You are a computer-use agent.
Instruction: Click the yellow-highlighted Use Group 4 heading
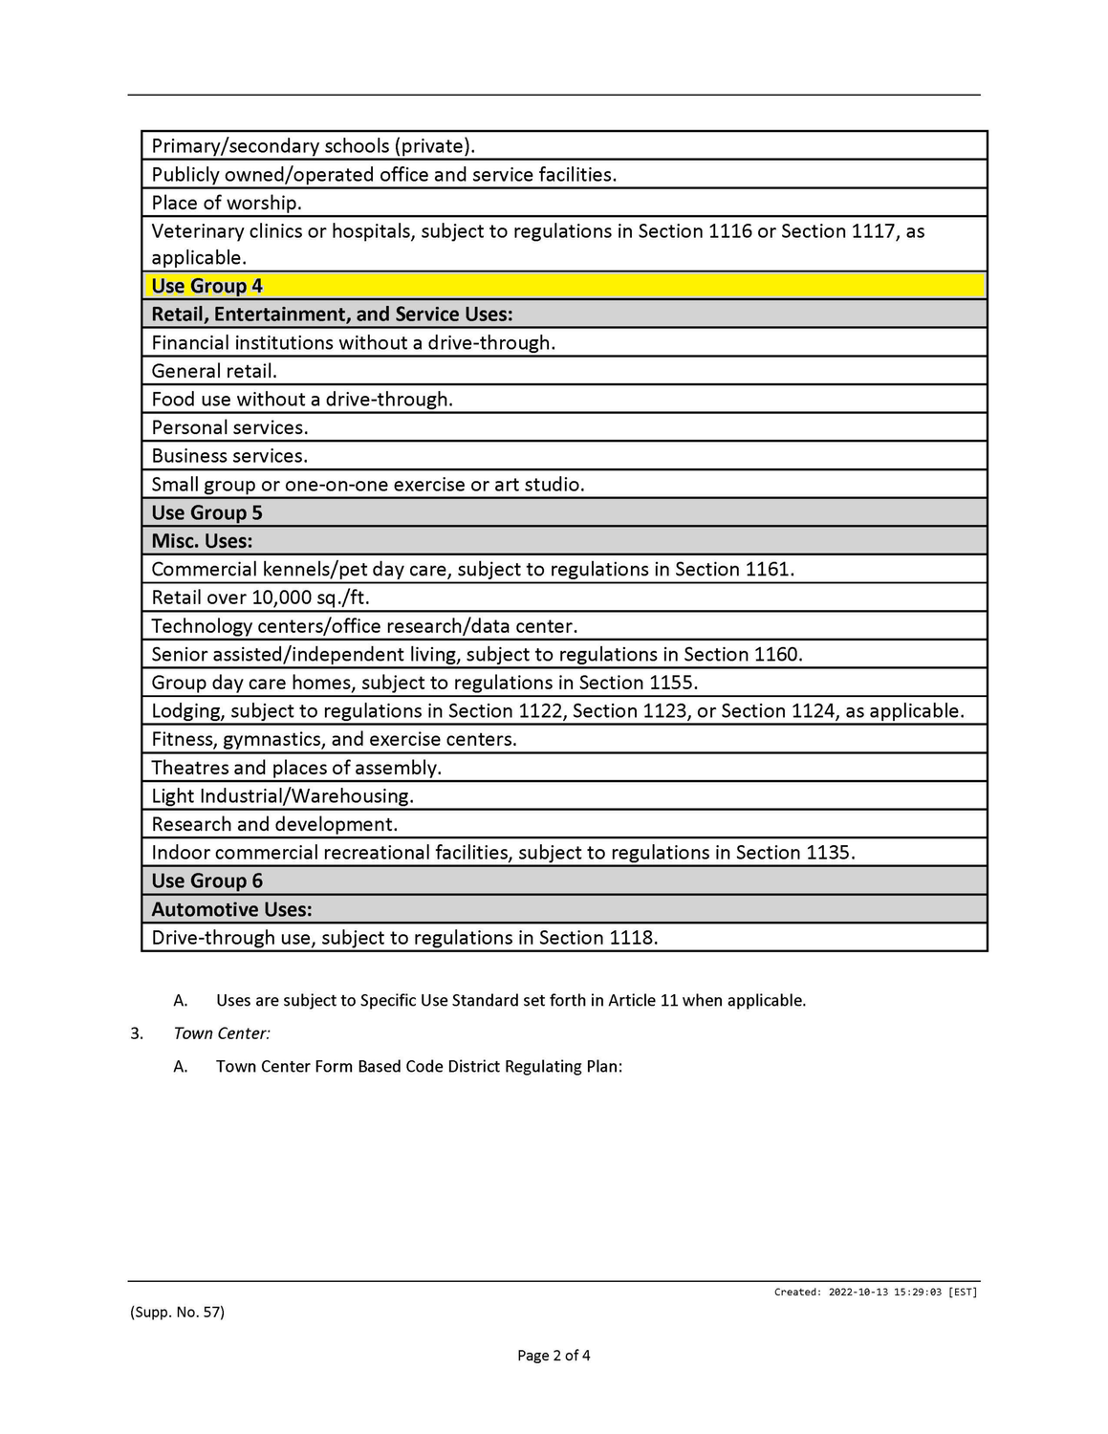tap(206, 286)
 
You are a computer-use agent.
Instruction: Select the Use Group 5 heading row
tap(206, 512)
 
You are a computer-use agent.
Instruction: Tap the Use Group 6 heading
tap(206, 880)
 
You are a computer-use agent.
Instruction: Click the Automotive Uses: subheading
tap(231, 909)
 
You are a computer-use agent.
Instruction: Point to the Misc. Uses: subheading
tap(202, 541)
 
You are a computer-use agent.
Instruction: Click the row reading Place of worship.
tap(227, 203)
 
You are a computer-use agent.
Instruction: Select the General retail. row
tap(214, 371)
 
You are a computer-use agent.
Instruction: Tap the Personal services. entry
tap(229, 427)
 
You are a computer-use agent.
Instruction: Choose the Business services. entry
tap(229, 456)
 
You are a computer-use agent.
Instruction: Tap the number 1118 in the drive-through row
tap(632, 938)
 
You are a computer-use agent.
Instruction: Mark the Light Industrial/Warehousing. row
tap(282, 796)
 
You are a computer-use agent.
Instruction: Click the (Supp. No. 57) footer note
tap(177, 1313)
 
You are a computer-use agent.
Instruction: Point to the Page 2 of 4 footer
tap(554, 1356)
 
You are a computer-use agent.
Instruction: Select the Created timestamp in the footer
tap(876, 1293)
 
